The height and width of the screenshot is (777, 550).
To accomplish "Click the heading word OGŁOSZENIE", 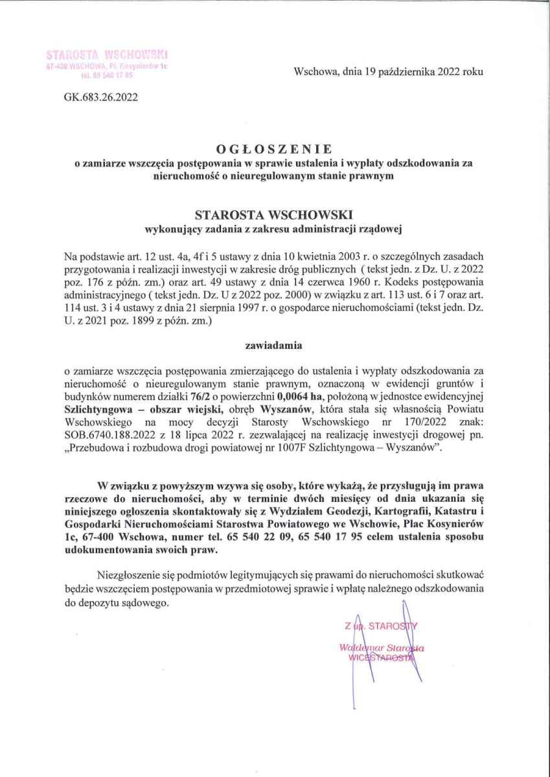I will click(x=275, y=150).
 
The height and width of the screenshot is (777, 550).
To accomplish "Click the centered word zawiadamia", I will click(x=275, y=346).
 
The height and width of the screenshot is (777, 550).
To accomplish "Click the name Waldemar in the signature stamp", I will click(x=358, y=647).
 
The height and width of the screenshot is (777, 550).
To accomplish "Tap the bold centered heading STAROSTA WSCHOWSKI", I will click(x=275, y=213).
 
